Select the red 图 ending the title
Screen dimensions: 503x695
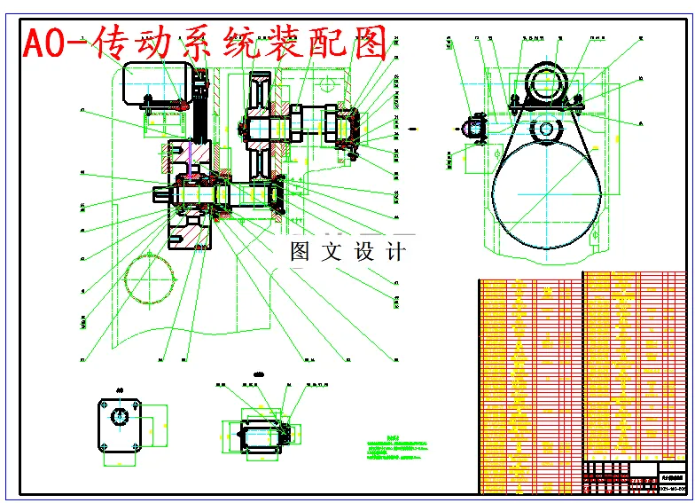click(x=364, y=43)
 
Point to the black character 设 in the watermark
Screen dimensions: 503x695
click(x=365, y=251)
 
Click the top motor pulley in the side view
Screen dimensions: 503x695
click(x=545, y=86)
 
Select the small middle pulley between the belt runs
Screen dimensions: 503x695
click(x=544, y=130)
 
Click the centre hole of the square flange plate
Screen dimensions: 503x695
click(x=121, y=416)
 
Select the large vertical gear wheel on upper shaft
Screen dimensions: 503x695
click(x=260, y=124)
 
